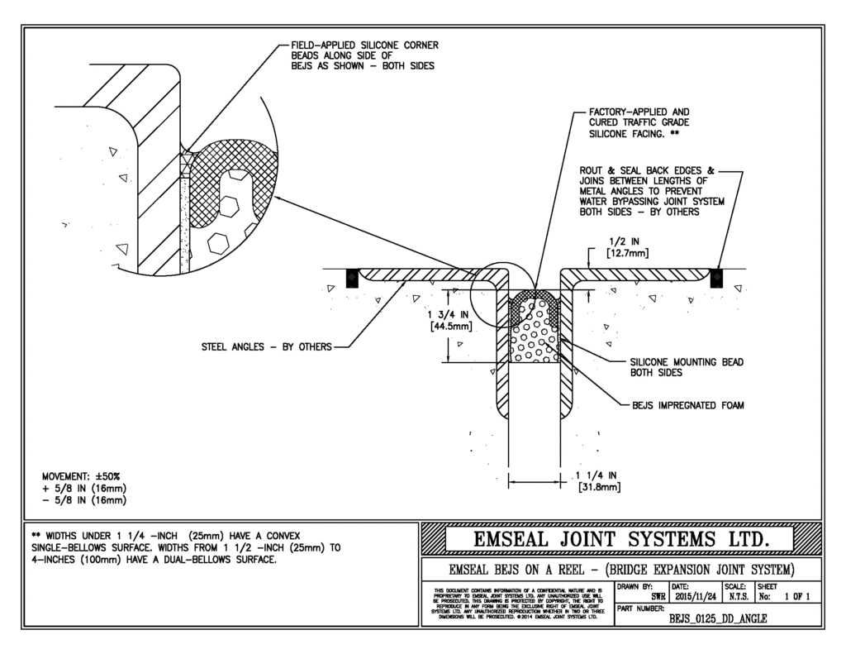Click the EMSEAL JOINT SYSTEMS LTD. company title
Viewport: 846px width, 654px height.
pos(621,540)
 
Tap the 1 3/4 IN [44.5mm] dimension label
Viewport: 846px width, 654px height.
pos(450,321)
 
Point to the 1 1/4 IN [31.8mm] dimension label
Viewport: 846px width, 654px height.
pos(599,480)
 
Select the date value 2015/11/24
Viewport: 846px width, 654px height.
pos(696,595)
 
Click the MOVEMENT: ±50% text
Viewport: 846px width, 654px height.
pos(81,477)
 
